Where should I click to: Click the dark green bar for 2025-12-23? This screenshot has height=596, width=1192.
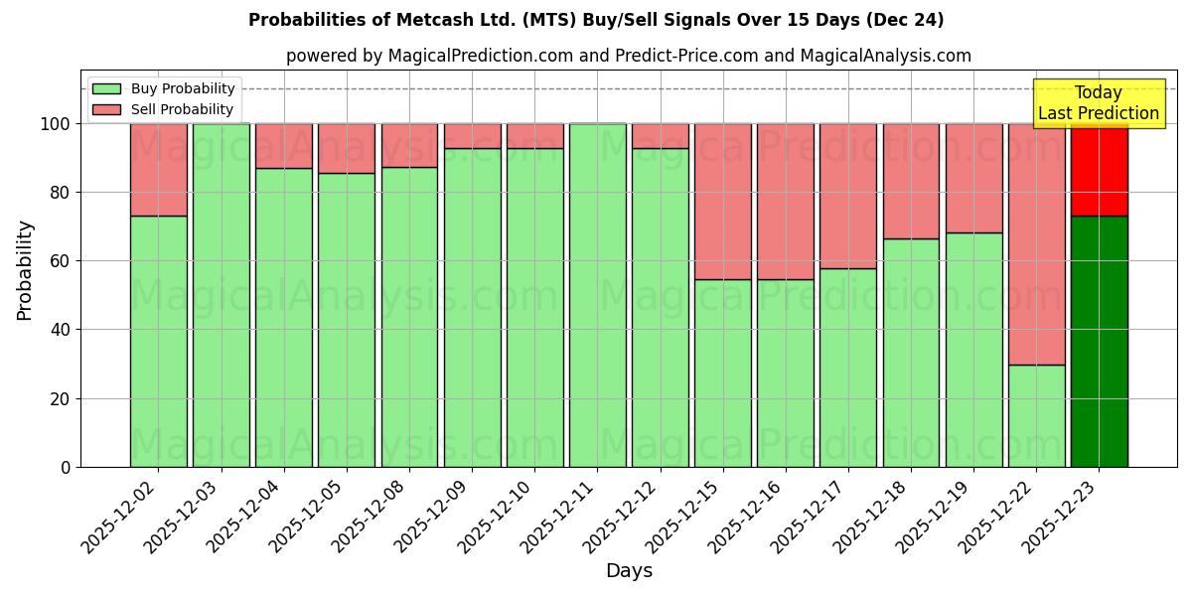tap(1099, 341)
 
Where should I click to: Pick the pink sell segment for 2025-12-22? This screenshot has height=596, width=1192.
tap(1036, 244)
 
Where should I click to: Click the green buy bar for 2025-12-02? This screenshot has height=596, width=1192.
tap(158, 341)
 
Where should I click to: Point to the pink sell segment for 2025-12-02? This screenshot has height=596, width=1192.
tap(158, 170)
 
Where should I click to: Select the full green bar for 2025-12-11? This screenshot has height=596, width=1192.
tap(597, 295)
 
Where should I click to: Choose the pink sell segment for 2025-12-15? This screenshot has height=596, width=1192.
tap(723, 202)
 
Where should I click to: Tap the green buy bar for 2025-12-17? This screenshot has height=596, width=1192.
tap(848, 368)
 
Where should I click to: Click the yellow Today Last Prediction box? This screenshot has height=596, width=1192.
tap(1099, 103)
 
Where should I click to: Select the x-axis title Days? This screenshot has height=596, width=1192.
tap(629, 571)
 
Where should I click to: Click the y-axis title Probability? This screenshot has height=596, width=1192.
tap(25, 270)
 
